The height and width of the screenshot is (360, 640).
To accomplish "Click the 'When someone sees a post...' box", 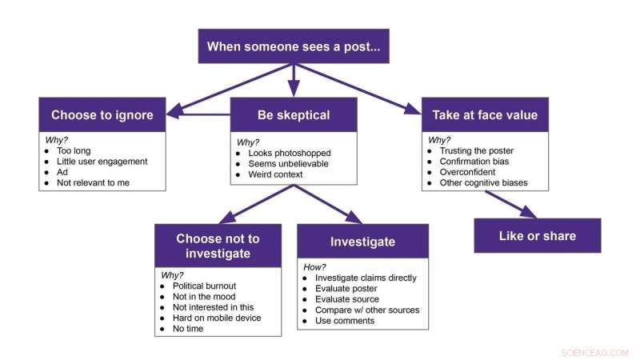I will [294, 46].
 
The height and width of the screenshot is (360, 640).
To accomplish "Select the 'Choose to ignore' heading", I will [102, 114].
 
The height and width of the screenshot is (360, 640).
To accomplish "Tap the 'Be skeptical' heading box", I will [294, 114].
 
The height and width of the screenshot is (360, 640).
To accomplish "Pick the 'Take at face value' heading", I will [485, 114].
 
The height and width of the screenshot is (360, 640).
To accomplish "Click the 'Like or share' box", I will [538, 236].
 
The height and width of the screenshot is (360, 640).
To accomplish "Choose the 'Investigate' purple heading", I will [362, 241].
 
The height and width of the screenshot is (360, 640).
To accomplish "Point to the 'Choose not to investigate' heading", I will [218, 246].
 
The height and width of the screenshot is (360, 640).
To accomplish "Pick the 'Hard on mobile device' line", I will [216, 318].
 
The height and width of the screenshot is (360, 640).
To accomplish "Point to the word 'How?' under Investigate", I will [315, 266].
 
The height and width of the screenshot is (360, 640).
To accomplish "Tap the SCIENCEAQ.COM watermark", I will [594, 352].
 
